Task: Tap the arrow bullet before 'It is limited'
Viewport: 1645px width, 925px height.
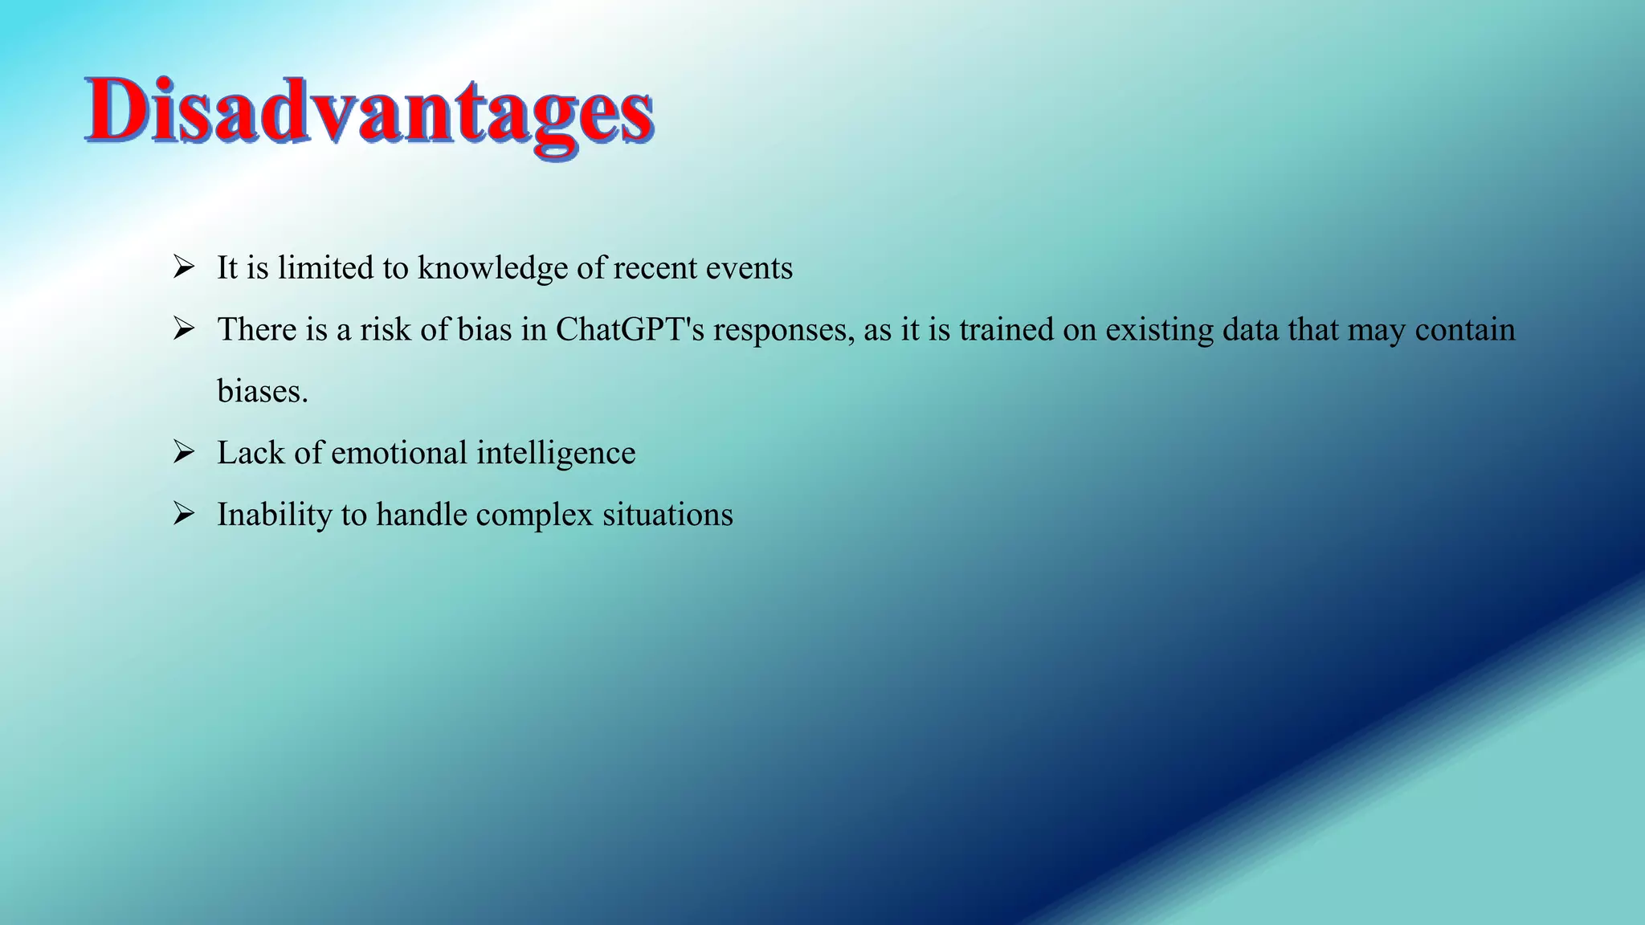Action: [x=184, y=267]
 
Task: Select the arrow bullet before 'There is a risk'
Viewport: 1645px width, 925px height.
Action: [x=184, y=329]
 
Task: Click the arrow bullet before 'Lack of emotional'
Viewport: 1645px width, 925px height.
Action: [x=184, y=453]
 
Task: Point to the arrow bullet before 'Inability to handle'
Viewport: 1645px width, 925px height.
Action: [x=184, y=514]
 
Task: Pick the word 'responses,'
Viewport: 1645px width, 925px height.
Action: [x=784, y=330]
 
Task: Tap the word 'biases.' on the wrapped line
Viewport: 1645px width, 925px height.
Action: [x=263, y=392]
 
